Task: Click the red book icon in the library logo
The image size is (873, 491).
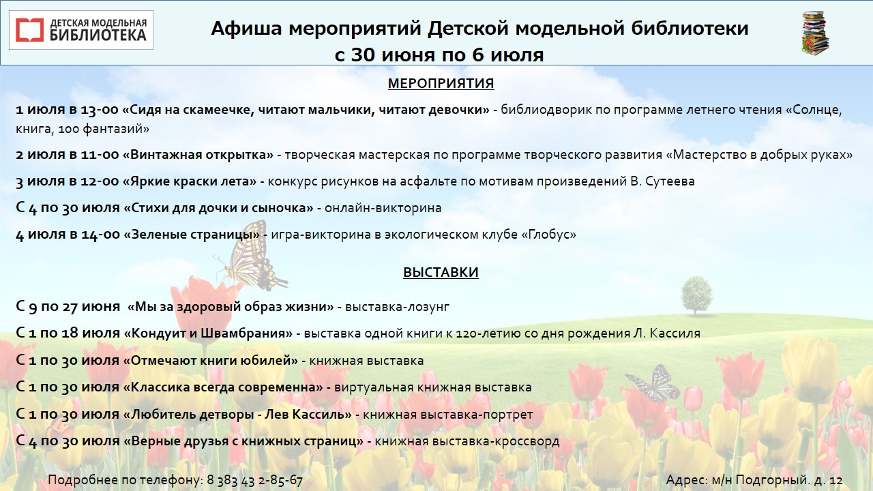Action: point(29,30)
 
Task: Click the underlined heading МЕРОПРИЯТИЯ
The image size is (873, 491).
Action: point(441,83)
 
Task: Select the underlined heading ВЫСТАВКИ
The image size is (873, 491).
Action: point(441,272)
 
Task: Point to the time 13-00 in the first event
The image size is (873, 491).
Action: point(100,110)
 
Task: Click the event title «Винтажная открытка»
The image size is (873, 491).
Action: point(198,155)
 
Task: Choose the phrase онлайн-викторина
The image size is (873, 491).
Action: point(383,208)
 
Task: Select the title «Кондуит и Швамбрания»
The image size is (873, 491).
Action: point(208,333)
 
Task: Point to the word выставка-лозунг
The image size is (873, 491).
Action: point(397,307)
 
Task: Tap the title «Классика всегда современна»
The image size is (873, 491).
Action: point(223,387)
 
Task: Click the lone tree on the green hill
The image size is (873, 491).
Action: point(696,295)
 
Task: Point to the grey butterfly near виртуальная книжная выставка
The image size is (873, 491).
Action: point(653,383)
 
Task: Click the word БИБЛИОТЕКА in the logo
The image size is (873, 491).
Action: point(98,35)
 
